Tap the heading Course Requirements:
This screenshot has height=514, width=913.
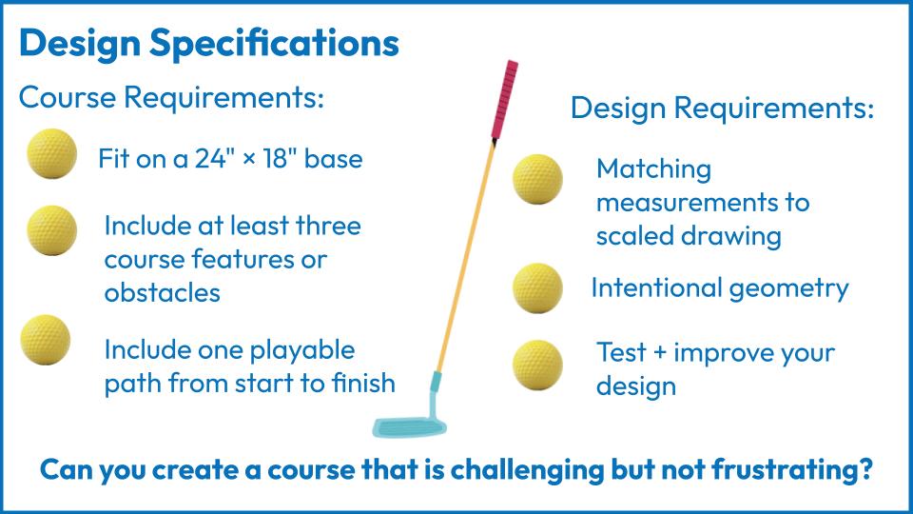pos(171,97)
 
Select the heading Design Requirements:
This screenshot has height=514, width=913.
pos(722,109)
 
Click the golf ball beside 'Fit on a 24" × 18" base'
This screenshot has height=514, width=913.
pos(51,154)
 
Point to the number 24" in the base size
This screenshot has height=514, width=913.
pos(210,159)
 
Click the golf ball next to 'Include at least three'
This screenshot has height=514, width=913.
pos(51,230)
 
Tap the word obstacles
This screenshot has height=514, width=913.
pos(163,292)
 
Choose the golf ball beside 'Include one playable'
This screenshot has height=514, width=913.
pos(46,340)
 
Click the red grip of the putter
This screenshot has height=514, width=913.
pos(505,99)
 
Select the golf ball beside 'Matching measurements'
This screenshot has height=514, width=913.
pos(537,179)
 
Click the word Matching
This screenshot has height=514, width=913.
pos(654,170)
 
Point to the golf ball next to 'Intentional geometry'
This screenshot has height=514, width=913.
pos(537,287)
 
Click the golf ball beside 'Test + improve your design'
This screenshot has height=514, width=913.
pos(537,365)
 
